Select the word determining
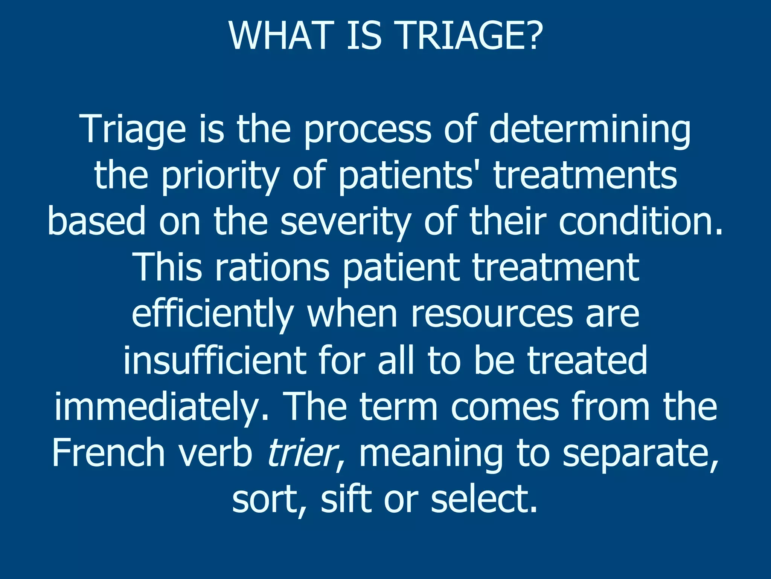point(590,130)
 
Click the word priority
point(221,176)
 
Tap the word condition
point(640,222)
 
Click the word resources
point(491,315)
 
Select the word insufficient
point(215,361)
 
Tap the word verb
point(215,453)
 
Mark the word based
point(96,222)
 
